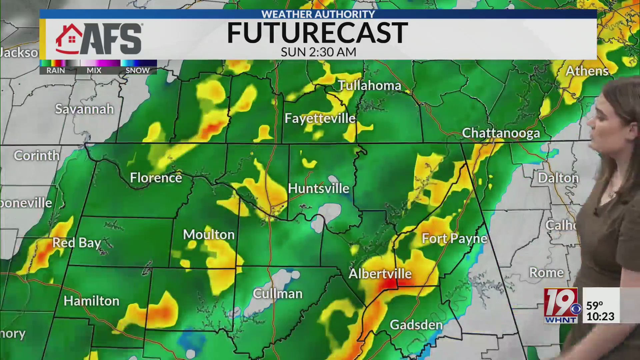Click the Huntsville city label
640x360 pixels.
(x=318, y=189)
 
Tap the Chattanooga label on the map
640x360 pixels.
(x=501, y=133)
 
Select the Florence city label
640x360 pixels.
(x=156, y=178)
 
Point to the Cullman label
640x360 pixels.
(x=278, y=294)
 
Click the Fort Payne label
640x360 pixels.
(x=454, y=239)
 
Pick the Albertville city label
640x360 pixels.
(x=380, y=274)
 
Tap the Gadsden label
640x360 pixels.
(x=416, y=325)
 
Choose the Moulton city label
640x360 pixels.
(x=209, y=235)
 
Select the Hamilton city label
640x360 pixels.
(x=91, y=301)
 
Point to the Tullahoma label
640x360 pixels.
(x=369, y=86)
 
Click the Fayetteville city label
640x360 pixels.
(x=320, y=118)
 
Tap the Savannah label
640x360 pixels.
(x=84, y=109)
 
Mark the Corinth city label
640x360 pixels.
(x=37, y=156)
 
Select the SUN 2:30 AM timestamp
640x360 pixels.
(x=318, y=52)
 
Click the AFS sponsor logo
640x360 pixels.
(x=99, y=39)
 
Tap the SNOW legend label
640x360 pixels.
(x=138, y=70)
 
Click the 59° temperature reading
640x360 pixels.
(x=595, y=305)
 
